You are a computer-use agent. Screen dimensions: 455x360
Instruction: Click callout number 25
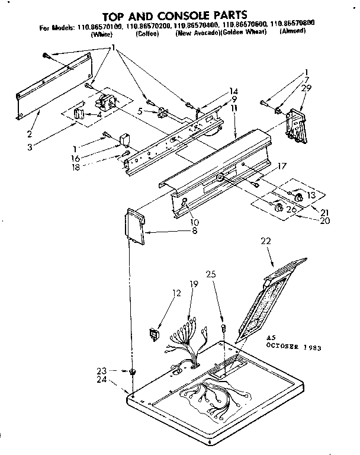[211, 275]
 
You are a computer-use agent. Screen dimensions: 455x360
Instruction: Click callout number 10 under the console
[195, 222]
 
